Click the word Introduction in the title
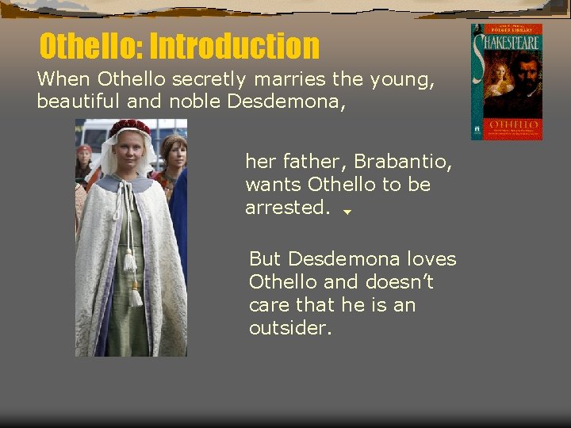coord(234,46)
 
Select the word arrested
coord(287,208)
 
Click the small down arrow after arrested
coord(347,212)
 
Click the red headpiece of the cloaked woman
coord(129,126)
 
